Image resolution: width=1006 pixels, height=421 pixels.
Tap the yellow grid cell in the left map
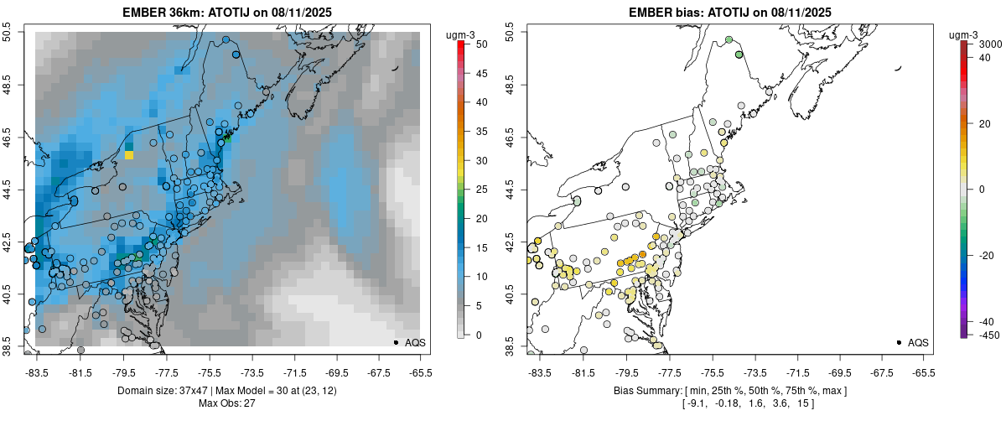[x=129, y=154]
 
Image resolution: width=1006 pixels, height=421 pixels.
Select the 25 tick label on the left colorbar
[x=475, y=190]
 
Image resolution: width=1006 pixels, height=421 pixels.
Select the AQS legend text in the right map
[x=918, y=342]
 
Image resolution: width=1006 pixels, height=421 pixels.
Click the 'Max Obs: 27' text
[x=227, y=404]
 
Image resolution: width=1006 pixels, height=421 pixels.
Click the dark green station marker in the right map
[x=739, y=55]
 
